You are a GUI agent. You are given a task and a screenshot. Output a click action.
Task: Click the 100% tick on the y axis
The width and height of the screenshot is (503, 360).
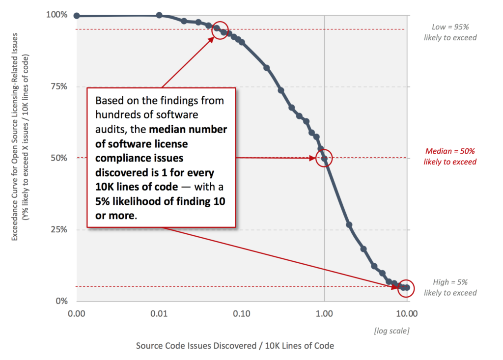tap(56, 15)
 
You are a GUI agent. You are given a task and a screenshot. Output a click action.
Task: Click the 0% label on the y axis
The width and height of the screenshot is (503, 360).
tap(60, 301)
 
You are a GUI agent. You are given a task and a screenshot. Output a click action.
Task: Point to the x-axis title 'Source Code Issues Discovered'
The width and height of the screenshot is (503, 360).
tap(235, 345)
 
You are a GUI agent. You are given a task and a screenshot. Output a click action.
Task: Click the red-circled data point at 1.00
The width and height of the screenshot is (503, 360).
tap(324, 158)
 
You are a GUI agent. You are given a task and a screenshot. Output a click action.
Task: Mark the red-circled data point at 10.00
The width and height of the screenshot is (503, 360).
tap(407, 288)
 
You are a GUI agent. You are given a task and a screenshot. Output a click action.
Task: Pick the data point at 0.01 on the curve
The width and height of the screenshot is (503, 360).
tap(159, 15)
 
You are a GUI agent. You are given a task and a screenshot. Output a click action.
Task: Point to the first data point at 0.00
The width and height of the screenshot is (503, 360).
tap(77, 16)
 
